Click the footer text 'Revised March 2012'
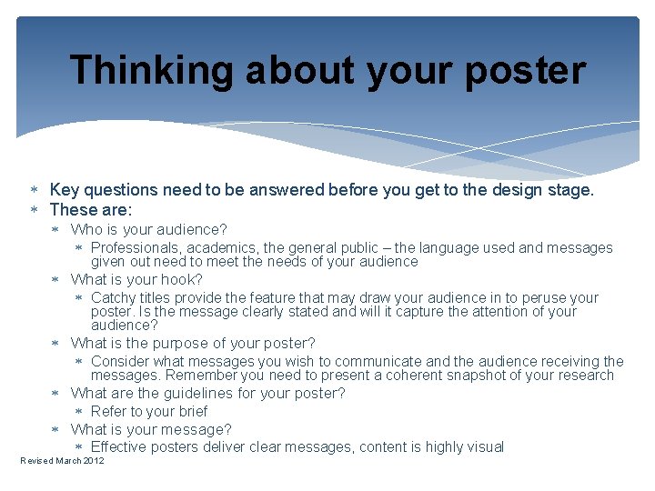click(x=62, y=461)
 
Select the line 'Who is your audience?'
click(x=148, y=229)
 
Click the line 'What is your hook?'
click(x=136, y=279)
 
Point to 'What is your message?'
click(x=151, y=429)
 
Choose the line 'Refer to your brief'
click(x=149, y=411)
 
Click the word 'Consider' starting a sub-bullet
click(x=121, y=361)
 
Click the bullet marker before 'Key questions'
click(x=34, y=190)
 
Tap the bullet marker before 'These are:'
click(x=34, y=210)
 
